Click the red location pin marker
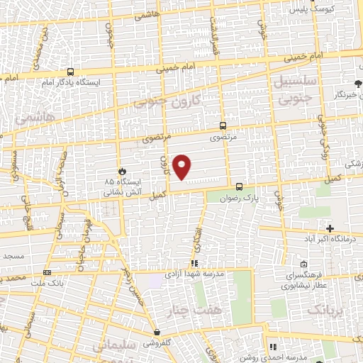pyautogui.click(x=183, y=167)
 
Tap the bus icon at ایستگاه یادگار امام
pyautogui.click(x=70, y=72)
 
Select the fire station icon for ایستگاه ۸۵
pyautogui.click(x=122, y=172)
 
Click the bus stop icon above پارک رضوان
pyautogui.click(x=239, y=187)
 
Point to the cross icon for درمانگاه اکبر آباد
pyautogui.click(x=330, y=228)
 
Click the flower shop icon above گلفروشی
pyautogui.click(x=156, y=332)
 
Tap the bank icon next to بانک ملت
pyautogui.click(x=47, y=272)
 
